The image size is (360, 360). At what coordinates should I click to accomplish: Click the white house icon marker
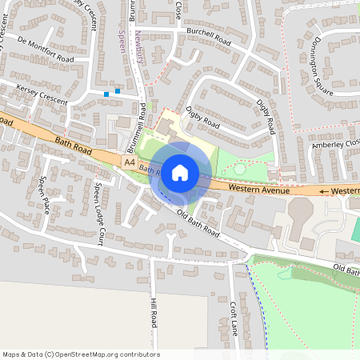pyautogui.click(x=180, y=171)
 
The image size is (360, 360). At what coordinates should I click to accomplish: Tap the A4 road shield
pyautogui.click(x=130, y=162)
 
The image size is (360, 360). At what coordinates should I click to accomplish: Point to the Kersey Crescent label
pyautogui.click(x=42, y=95)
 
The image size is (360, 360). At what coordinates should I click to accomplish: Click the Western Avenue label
pyautogui.click(x=258, y=189)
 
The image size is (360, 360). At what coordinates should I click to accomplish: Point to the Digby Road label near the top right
pyautogui.click(x=267, y=117)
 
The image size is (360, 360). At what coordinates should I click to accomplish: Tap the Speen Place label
pyautogui.click(x=46, y=194)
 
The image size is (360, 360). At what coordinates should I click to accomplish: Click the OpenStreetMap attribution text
pyautogui.click(x=81, y=354)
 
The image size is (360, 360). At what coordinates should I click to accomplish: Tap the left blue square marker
pyautogui.click(x=106, y=94)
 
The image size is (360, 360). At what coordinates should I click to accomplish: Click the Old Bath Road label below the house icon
pyautogui.click(x=197, y=223)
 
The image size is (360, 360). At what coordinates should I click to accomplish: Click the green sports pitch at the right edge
pyautogui.click(x=354, y=228)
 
